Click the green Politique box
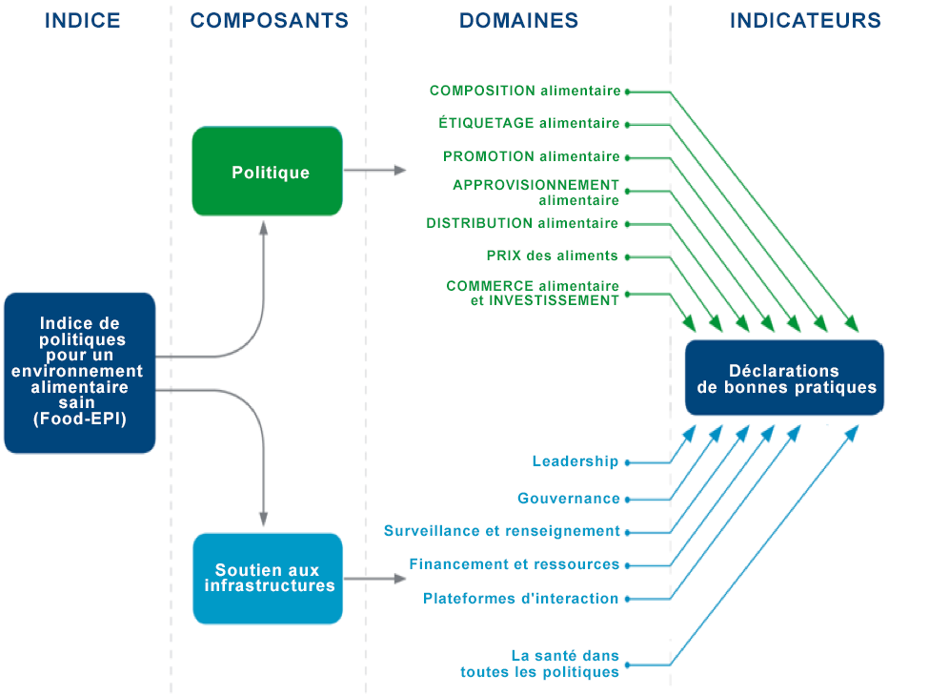[x=267, y=171]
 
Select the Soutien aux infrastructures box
[x=268, y=578]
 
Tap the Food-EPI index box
[x=80, y=373]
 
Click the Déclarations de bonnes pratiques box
[x=784, y=378]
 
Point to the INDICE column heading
[x=82, y=21]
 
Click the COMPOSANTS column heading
[x=269, y=21]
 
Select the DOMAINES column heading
[x=518, y=21]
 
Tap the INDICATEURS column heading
[x=805, y=21]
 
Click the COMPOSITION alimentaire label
[x=525, y=91]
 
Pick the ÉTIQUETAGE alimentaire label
[x=529, y=123]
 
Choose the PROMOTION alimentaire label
[x=532, y=156]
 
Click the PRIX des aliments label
[x=553, y=256]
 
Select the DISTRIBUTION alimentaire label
[x=522, y=223]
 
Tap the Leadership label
[x=576, y=461]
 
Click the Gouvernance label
[x=569, y=498]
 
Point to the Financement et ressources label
[x=515, y=564]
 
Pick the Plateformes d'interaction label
[x=521, y=599]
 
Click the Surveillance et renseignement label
[x=502, y=531]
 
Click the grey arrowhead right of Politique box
[x=400, y=171]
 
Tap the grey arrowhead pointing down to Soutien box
[x=264, y=519]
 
